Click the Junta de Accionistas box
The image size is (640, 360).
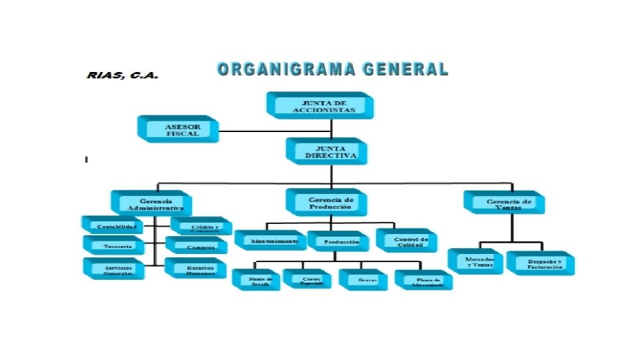click(319, 105)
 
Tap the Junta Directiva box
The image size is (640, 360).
click(326, 151)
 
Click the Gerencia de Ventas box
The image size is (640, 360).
click(504, 203)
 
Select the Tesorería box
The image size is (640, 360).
click(113, 246)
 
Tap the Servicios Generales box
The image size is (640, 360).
click(114, 269)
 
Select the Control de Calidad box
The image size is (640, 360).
click(407, 241)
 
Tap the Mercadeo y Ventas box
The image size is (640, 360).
click(475, 261)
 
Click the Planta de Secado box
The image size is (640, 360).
click(256, 281)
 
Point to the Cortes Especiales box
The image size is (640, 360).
click(307, 280)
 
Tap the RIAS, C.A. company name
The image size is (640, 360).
click(123, 75)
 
